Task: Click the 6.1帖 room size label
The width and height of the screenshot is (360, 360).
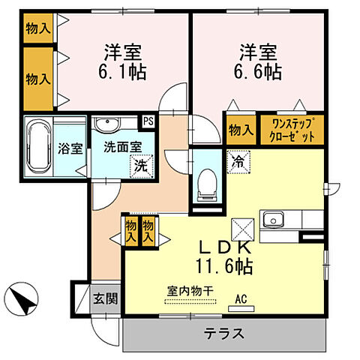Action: (124, 71)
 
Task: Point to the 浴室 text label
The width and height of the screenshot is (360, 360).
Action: (70, 148)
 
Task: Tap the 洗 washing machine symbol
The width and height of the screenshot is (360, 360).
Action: (139, 166)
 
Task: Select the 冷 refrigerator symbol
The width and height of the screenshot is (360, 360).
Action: (237, 160)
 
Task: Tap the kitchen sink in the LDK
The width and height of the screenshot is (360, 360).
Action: (272, 220)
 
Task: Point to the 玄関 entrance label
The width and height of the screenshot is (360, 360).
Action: (106, 298)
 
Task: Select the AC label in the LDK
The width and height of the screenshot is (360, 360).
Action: (241, 298)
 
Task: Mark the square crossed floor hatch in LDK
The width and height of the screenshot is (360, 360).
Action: (242, 226)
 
